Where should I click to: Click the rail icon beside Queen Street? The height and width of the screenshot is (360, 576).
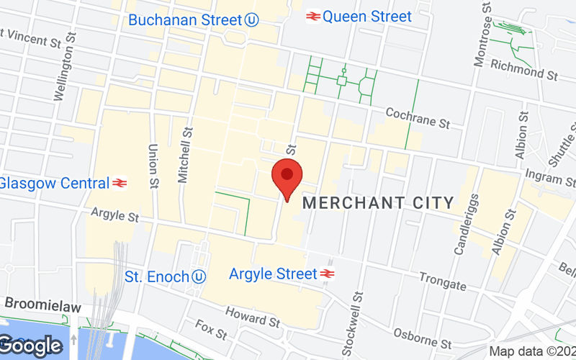(x=313, y=16)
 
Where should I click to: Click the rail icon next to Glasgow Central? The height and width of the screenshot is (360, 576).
(x=120, y=183)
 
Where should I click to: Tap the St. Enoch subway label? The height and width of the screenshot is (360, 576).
(x=156, y=276)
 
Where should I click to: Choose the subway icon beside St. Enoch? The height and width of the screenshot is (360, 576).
(x=199, y=276)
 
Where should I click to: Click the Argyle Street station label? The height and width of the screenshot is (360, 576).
(x=273, y=274)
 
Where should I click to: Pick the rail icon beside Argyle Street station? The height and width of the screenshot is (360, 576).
(x=327, y=274)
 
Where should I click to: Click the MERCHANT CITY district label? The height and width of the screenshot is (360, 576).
(x=378, y=203)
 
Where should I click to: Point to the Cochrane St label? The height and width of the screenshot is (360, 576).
(x=418, y=118)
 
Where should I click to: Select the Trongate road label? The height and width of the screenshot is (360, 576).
(x=443, y=281)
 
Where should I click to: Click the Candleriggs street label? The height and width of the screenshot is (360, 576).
(x=465, y=224)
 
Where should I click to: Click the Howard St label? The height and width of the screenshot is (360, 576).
(x=252, y=317)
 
